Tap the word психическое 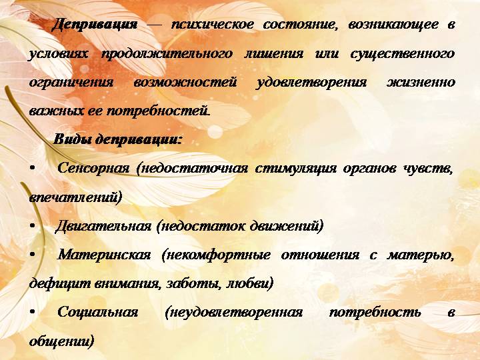(212, 25)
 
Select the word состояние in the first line (300, 25)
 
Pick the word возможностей (185, 83)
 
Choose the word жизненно (421, 83)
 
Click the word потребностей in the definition (158, 111)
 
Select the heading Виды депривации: (117, 140)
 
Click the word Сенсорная (93, 169)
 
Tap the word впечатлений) (75, 197)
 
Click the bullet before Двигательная (33, 226)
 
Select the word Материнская (105, 255)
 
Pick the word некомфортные (216, 255)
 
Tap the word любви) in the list (249, 283)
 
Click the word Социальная (97, 312)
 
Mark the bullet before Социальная (33, 312)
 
